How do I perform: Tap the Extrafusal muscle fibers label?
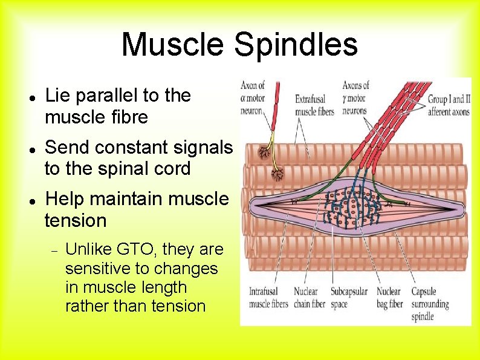click(x=314, y=104)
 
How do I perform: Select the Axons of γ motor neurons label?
click(x=355, y=98)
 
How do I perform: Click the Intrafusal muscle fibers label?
click(x=267, y=298)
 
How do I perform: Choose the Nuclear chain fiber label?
click(x=309, y=298)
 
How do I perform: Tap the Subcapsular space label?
click(x=349, y=298)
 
